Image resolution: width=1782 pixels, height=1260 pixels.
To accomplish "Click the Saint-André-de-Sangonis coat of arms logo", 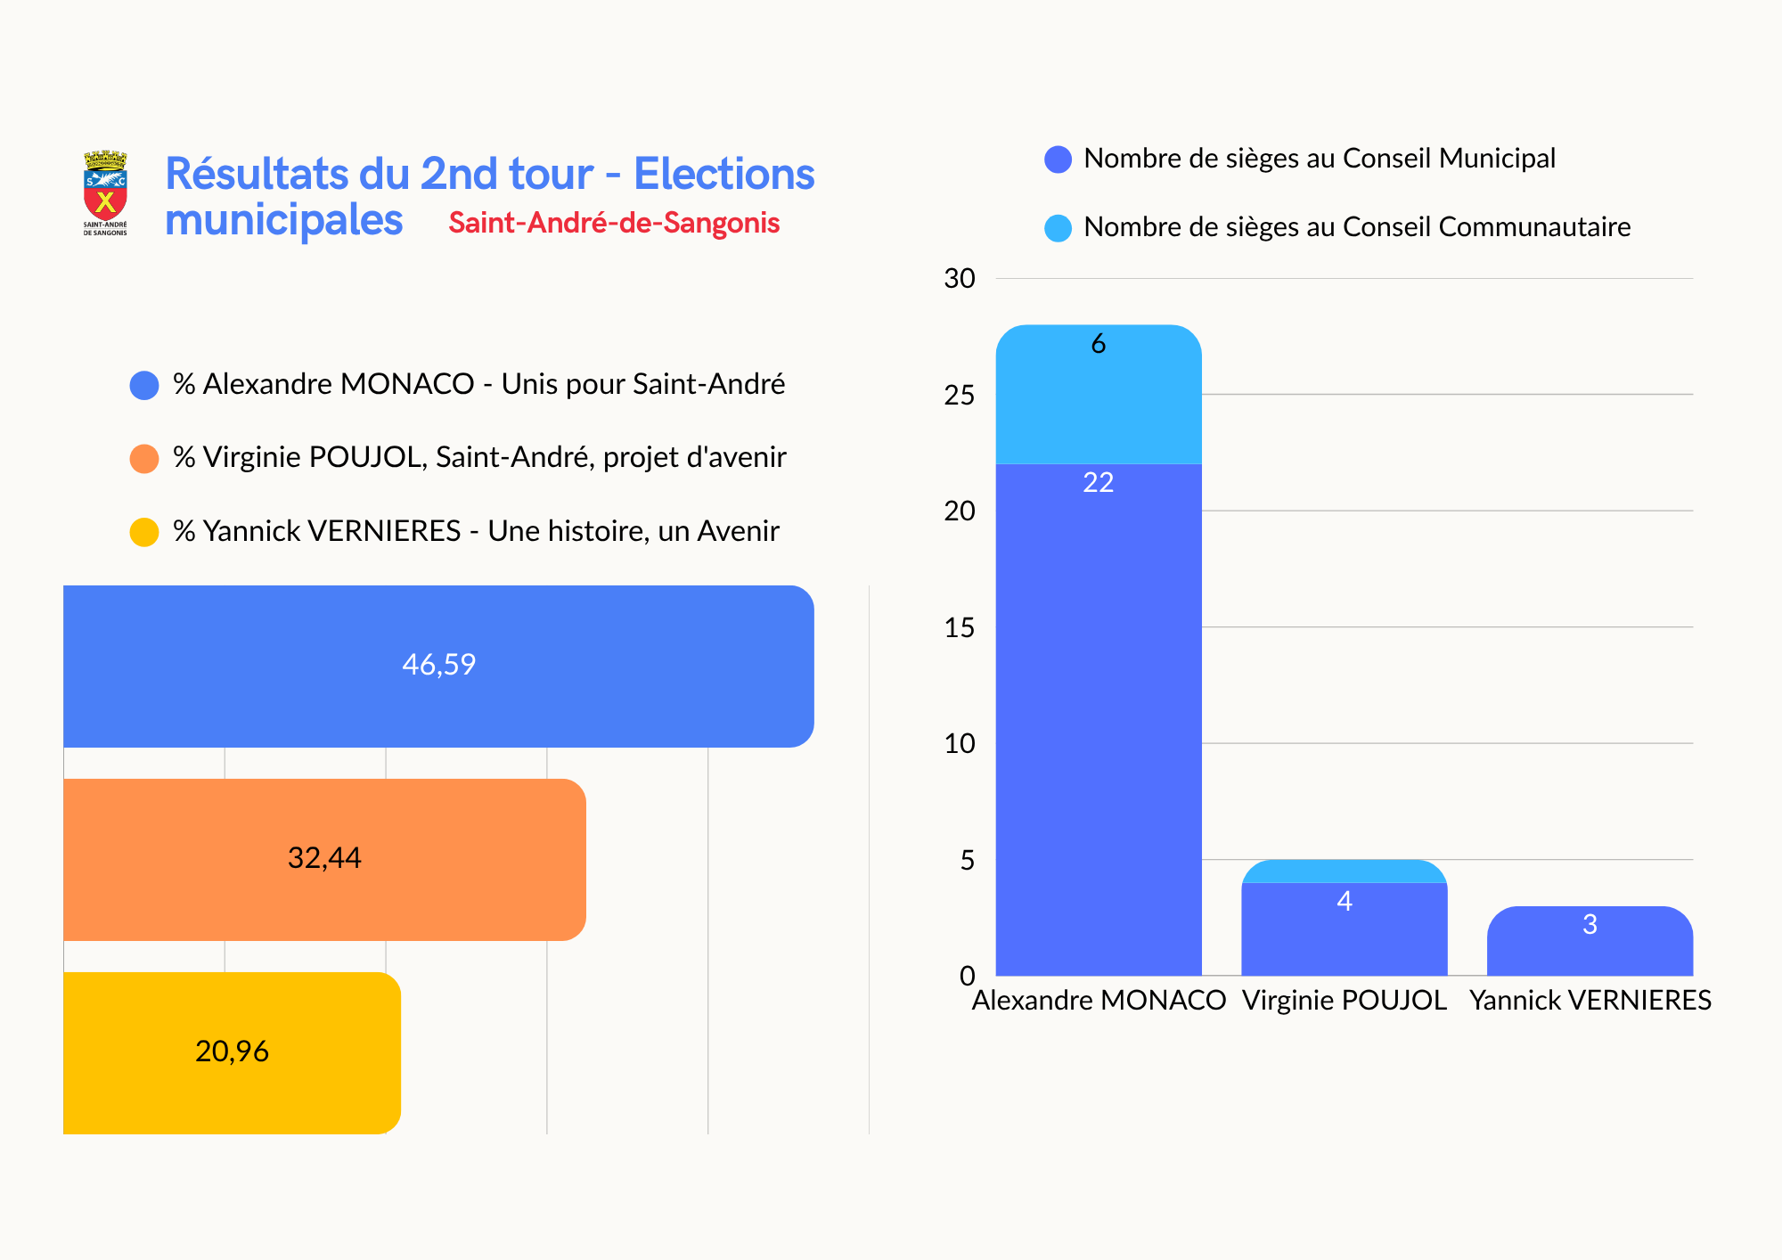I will (x=105, y=192).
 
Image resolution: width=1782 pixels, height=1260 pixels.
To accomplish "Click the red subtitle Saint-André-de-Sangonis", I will (x=614, y=223).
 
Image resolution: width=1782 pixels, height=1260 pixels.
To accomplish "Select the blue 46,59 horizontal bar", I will (x=438, y=666).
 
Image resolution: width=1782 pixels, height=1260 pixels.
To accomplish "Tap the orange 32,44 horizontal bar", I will (x=324, y=859).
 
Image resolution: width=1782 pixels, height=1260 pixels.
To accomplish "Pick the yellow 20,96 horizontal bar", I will (x=232, y=1052).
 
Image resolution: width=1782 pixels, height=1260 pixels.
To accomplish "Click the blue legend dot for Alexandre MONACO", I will (x=144, y=386).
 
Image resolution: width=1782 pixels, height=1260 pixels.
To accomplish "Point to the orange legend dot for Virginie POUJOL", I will (x=144, y=459).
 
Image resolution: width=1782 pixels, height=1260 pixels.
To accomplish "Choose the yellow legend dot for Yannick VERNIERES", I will (x=144, y=532).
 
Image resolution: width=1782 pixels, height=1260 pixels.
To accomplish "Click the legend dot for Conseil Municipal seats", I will (x=1058, y=160).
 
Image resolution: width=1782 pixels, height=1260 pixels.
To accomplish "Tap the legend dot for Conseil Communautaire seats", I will (x=1058, y=228).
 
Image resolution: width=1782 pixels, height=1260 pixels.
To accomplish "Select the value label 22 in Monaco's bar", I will (x=1098, y=483).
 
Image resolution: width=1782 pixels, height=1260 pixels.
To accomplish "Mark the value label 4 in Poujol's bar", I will (x=1344, y=902).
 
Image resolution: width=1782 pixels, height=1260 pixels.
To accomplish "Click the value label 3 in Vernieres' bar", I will (x=1590, y=925).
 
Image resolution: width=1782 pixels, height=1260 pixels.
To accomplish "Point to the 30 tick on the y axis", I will (x=960, y=279).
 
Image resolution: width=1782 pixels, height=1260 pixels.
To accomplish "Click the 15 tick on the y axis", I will (x=960, y=628).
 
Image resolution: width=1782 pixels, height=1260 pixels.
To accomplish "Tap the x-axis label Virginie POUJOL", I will (x=1344, y=1001).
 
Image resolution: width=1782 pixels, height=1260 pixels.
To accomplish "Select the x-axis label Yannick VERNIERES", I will (x=1590, y=1001).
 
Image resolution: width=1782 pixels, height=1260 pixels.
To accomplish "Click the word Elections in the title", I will (x=723, y=174).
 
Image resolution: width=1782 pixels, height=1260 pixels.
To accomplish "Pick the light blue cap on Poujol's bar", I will (x=1344, y=871).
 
